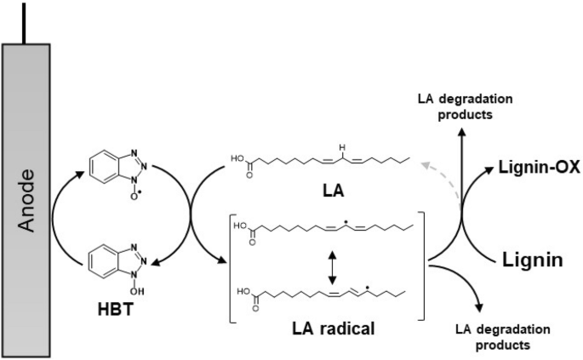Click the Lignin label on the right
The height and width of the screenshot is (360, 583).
(529, 259)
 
